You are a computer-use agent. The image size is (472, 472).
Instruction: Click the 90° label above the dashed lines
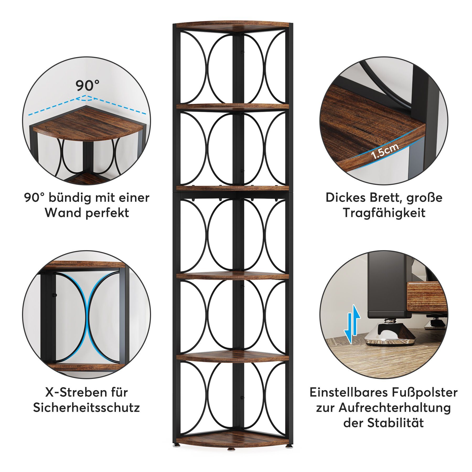(x=88, y=85)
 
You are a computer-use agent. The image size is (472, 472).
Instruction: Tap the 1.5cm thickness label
(x=385, y=152)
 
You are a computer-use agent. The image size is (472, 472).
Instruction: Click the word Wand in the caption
(x=63, y=213)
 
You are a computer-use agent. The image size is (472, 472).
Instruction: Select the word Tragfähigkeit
(x=384, y=213)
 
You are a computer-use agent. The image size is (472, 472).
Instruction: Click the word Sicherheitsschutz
(x=87, y=408)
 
